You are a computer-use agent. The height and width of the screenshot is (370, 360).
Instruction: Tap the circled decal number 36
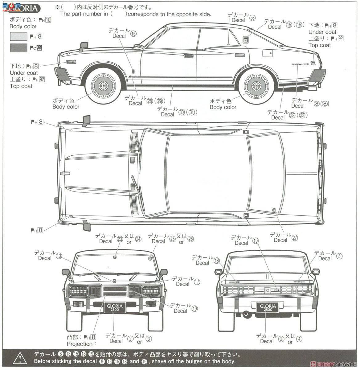pyautogui.click(x=252, y=18)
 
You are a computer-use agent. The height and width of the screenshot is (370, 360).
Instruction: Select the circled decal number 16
pyautogui.click(x=133, y=34)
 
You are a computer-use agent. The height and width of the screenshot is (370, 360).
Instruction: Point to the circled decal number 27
pyautogui.click(x=295, y=238)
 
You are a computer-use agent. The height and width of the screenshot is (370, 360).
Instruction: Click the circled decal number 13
pyautogui.click(x=59, y=256)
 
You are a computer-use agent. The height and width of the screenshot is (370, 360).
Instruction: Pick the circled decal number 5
pyautogui.click(x=339, y=256)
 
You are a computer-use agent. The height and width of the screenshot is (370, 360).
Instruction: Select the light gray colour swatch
pyautogui.click(x=18, y=36)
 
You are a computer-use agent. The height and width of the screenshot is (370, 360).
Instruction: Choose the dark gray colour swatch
pyautogui.click(x=18, y=47)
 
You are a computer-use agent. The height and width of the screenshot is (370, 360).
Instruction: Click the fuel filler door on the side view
pyautogui.click(x=268, y=53)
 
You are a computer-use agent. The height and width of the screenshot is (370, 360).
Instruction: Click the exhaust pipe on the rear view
pyautogui.click(x=246, y=314)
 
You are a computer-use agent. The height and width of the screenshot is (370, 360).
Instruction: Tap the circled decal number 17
pyautogui.click(x=197, y=281)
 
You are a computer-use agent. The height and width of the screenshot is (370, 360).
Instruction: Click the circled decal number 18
pyautogui.click(x=217, y=261)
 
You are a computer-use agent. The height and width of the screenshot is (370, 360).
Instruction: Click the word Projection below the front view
pyautogui.click(x=79, y=344)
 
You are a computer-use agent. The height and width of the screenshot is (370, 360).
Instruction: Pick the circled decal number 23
pyautogui.click(x=120, y=239)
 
